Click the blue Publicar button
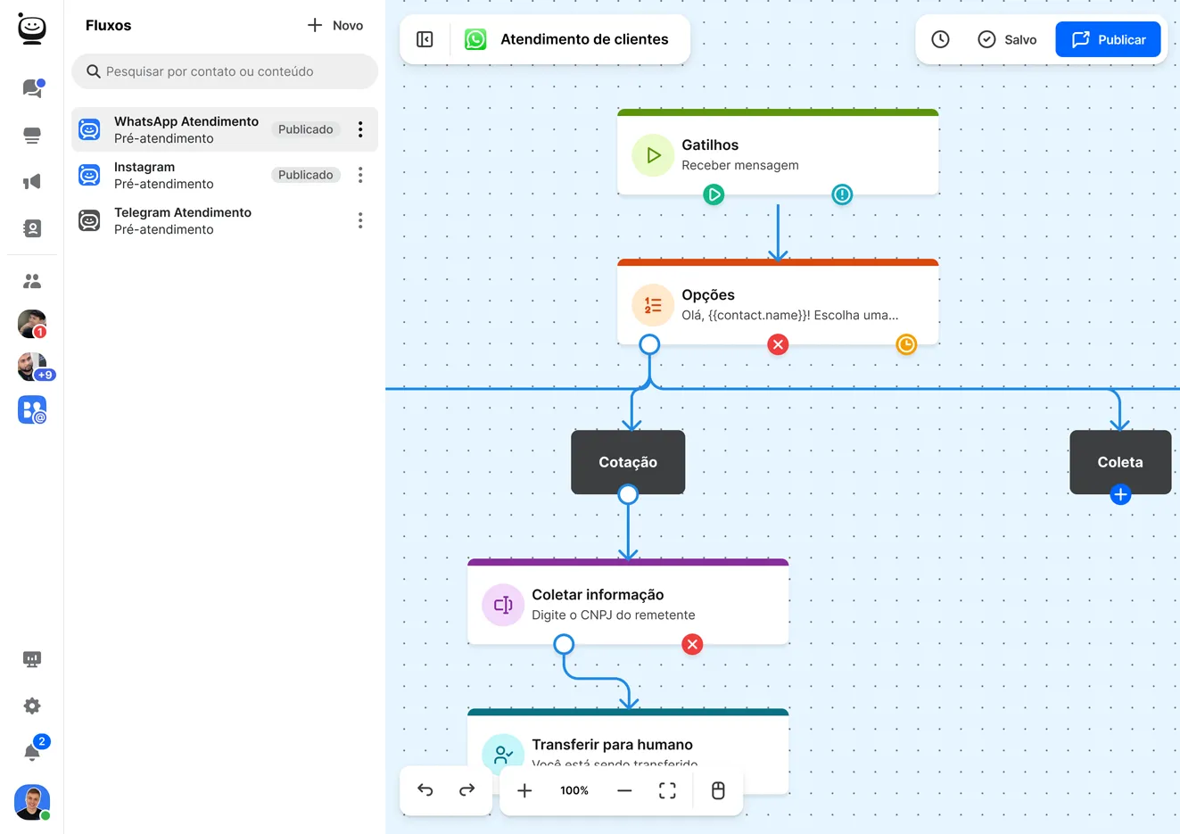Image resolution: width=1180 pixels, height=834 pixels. click(x=1108, y=39)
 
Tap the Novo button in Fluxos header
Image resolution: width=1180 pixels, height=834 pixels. click(x=335, y=26)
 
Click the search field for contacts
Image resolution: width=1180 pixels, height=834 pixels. click(x=225, y=71)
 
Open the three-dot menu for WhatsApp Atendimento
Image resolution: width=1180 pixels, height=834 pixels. click(x=360, y=129)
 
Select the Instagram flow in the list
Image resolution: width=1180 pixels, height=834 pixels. click(x=163, y=175)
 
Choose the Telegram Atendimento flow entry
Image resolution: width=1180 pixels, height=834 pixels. click(x=182, y=220)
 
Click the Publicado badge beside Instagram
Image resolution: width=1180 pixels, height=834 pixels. click(x=305, y=175)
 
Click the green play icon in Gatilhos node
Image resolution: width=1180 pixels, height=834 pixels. click(x=714, y=194)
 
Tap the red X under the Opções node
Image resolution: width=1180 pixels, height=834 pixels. click(x=778, y=344)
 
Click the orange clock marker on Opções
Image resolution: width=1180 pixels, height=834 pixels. click(x=906, y=344)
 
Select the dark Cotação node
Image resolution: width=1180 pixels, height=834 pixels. click(x=628, y=462)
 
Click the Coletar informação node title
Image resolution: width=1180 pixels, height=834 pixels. click(x=598, y=595)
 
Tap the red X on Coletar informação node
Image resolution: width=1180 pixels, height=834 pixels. click(x=692, y=644)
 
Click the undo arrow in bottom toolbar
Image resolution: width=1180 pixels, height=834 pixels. click(x=425, y=790)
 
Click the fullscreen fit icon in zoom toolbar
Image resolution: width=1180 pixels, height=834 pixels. click(x=667, y=790)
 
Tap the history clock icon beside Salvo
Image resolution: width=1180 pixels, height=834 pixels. click(x=940, y=39)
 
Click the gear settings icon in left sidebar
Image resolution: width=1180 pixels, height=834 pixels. click(x=32, y=706)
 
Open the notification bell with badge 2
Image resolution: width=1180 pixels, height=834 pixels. click(x=32, y=752)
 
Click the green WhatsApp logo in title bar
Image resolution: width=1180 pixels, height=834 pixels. click(x=475, y=39)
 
